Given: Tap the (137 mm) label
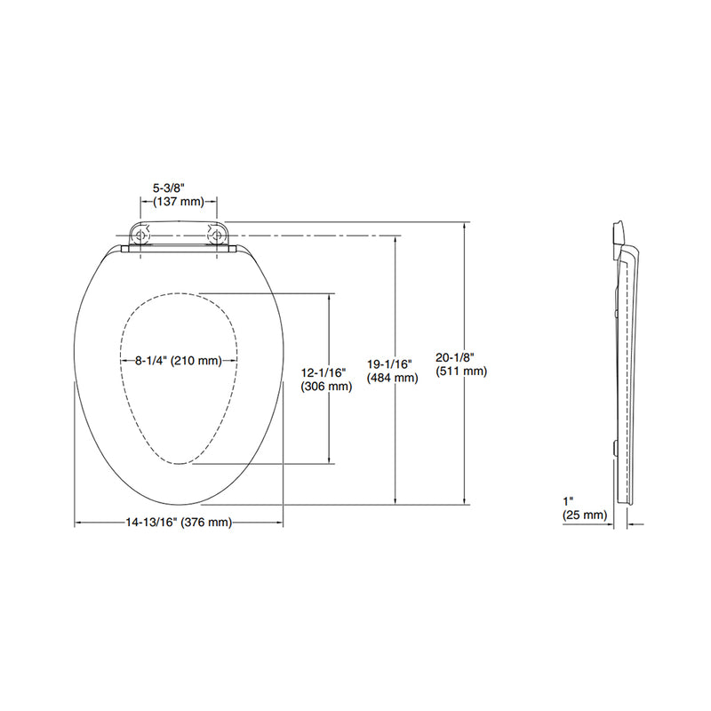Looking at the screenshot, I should (179, 201).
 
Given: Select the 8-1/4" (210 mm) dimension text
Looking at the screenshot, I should (179, 361).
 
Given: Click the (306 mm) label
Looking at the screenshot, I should (327, 387).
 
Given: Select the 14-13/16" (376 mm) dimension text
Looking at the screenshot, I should (179, 523).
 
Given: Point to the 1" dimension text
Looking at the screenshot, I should (569, 501).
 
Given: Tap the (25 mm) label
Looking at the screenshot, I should (584, 515).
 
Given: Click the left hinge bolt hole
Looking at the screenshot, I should (140, 235).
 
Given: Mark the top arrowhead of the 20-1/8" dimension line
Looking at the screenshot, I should (465, 227).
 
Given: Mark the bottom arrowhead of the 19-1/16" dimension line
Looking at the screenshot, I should (395, 499).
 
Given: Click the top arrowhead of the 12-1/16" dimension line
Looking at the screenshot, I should (331, 298).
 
